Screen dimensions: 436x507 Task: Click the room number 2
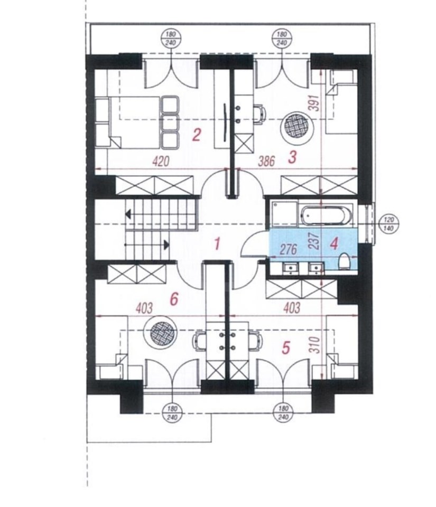(x=196, y=135)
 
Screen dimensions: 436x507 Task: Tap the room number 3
(x=292, y=157)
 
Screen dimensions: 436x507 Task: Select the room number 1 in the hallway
(x=217, y=243)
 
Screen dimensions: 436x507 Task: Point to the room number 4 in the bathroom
(x=334, y=243)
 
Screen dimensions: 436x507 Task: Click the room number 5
(x=286, y=348)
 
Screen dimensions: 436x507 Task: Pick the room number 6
(x=174, y=299)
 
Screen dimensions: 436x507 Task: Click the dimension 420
(x=161, y=161)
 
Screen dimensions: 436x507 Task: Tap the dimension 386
(x=267, y=161)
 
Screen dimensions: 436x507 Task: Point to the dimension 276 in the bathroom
(x=289, y=249)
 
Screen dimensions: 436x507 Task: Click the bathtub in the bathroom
(x=326, y=215)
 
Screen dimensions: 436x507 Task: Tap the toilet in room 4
(x=344, y=261)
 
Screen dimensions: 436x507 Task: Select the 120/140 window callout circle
(x=388, y=224)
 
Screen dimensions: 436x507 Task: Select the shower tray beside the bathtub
(x=284, y=214)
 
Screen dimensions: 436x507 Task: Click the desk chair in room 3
(x=259, y=114)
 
